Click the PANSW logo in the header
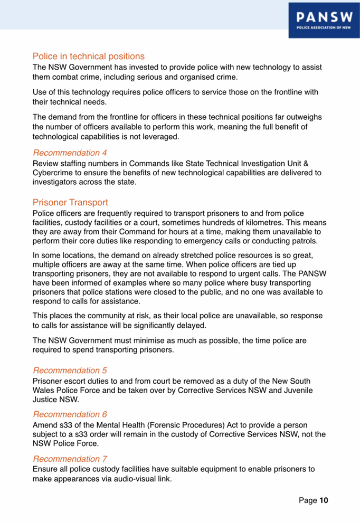(324, 20)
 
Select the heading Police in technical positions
(89, 56)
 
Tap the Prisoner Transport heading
(70, 202)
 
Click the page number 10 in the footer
(324, 500)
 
